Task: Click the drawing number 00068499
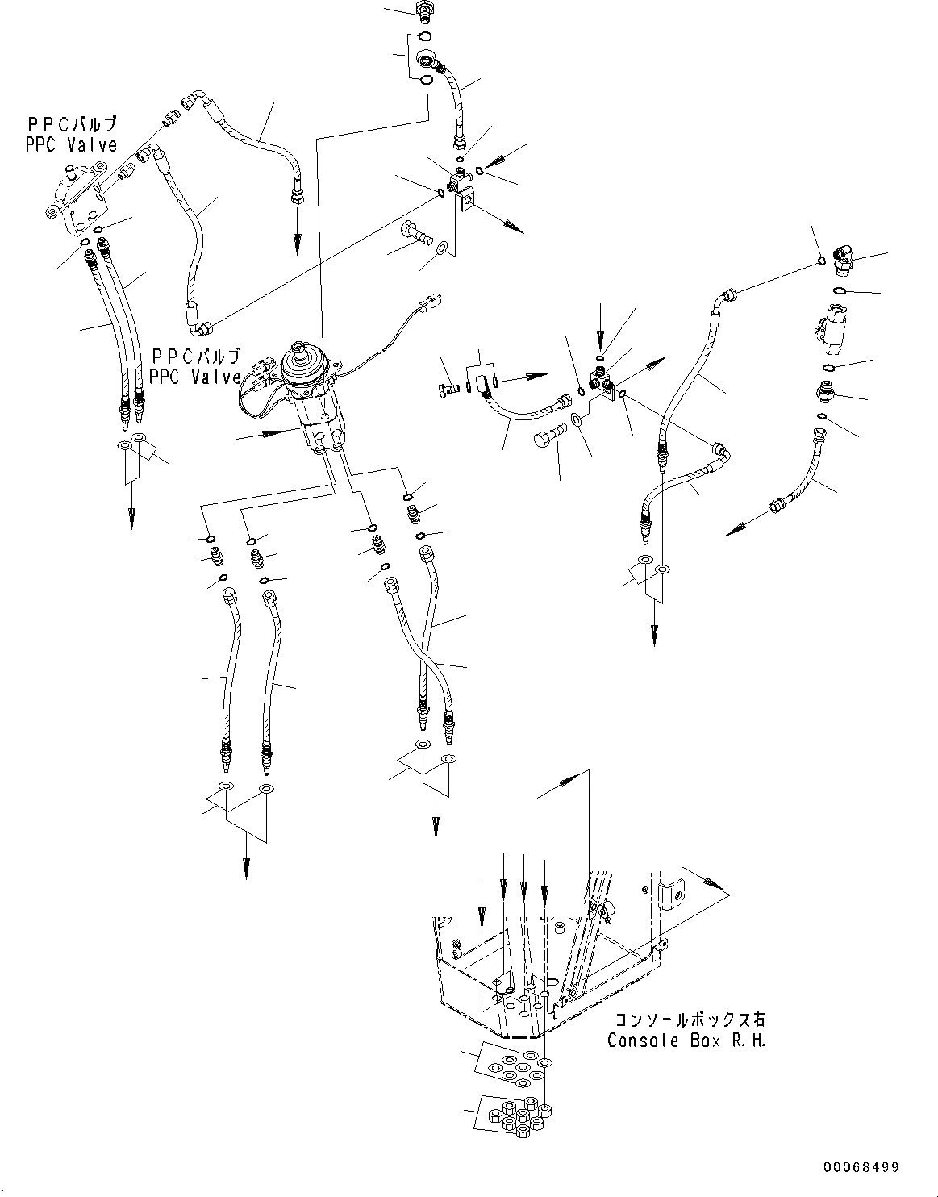[861, 1167]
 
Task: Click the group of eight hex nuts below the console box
[516, 1115]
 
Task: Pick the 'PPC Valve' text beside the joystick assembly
[195, 366]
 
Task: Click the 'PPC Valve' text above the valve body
[72, 135]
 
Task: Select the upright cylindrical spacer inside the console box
[557, 930]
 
